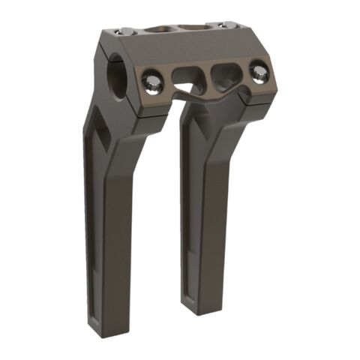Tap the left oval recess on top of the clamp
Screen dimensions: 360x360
point(157,29)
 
